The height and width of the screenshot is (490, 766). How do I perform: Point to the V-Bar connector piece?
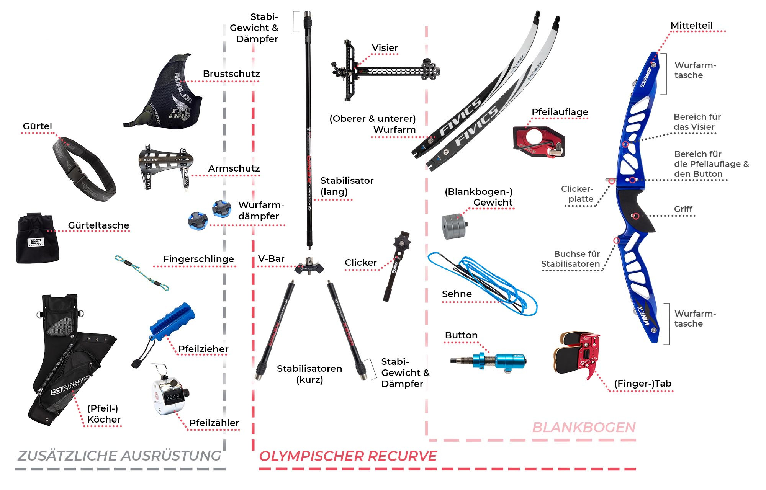click(309, 266)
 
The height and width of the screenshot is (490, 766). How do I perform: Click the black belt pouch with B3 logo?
click(37, 238)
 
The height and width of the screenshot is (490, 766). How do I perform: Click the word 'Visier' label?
click(385, 48)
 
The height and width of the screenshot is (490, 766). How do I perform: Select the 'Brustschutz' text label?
click(231, 73)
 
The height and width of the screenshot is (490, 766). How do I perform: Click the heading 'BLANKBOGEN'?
click(584, 427)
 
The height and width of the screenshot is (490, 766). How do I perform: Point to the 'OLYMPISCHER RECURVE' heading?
click(348, 456)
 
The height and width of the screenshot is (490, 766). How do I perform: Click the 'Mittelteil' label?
click(691, 25)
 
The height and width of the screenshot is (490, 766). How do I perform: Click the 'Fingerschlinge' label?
click(198, 259)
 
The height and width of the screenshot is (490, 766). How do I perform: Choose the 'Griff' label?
click(683, 209)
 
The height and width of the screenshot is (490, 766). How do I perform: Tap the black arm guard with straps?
click(165, 166)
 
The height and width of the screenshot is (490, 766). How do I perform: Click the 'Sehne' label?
click(457, 294)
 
